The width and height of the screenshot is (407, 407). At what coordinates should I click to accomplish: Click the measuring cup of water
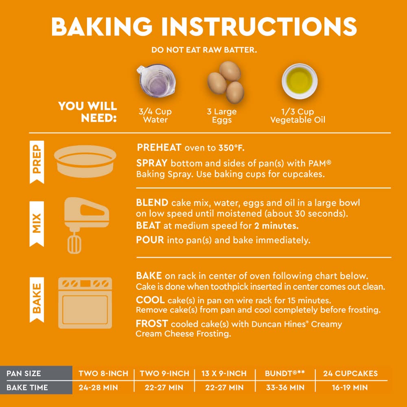coord(156,81)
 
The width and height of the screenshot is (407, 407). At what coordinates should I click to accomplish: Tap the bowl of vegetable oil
coord(300,81)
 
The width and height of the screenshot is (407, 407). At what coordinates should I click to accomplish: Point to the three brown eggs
coord(226,82)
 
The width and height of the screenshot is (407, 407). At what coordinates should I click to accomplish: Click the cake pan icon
coord(85,161)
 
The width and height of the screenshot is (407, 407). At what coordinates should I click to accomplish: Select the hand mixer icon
coord(85,225)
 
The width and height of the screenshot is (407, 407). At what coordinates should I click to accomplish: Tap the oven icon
coord(85,303)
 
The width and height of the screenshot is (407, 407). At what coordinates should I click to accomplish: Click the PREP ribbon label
coord(37,162)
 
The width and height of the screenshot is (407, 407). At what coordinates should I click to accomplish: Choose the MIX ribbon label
coord(37,223)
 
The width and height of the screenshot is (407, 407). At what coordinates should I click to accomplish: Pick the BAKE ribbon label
coord(37,300)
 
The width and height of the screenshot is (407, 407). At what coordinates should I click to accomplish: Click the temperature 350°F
coord(231,148)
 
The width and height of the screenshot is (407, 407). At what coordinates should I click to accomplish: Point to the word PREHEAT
coord(159,147)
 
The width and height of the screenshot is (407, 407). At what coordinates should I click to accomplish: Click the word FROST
coord(152,324)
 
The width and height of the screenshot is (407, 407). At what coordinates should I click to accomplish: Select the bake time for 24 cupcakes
coord(350,387)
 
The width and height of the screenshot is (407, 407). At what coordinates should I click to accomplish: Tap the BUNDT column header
coord(285,373)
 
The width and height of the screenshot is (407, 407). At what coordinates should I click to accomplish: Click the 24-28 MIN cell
coord(98,387)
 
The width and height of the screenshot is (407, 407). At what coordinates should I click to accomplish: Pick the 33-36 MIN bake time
coord(285,387)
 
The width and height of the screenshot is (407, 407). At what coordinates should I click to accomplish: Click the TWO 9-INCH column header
coord(164,374)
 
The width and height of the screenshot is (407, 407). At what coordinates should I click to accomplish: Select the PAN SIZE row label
coord(24,374)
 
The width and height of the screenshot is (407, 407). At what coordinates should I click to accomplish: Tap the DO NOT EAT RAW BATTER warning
coord(204,50)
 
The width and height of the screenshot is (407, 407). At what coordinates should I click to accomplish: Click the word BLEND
coord(152,202)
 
